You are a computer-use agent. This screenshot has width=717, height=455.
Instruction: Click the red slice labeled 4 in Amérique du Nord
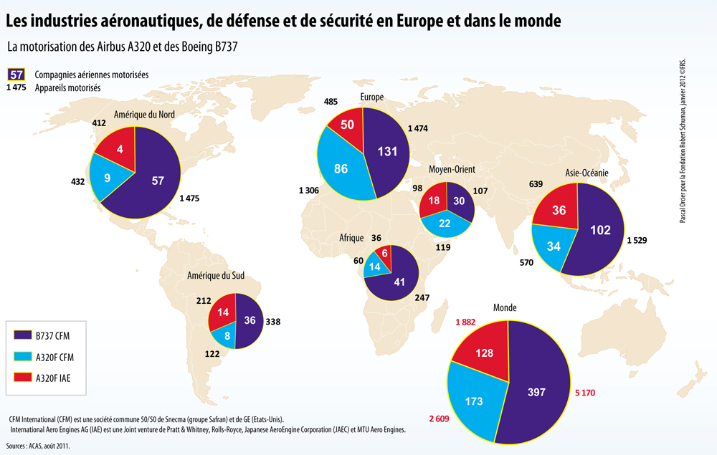pyautogui.click(x=118, y=146)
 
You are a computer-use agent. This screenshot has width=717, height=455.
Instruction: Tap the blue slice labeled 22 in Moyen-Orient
pyautogui.click(x=445, y=224)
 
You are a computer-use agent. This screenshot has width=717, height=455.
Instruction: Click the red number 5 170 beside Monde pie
pyautogui.click(x=585, y=393)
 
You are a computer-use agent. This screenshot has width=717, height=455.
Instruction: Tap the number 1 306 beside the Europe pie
pyautogui.click(x=308, y=190)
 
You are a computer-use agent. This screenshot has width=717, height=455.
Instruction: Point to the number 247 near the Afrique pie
pyautogui.click(x=422, y=298)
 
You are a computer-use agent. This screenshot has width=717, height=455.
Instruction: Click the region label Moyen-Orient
pyautogui.click(x=452, y=170)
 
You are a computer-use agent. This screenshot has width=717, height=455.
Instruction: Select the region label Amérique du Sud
pyautogui.click(x=215, y=275)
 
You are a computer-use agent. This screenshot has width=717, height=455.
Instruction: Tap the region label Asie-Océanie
pyautogui.click(x=587, y=173)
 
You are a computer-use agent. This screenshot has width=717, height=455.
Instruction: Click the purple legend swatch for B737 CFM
pyautogui.click(x=22, y=335)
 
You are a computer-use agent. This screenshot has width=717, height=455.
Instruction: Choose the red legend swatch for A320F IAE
pyautogui.click(x=22, y=377)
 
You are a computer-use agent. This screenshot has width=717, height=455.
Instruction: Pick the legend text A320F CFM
pyautogui.click(x=55, y=358)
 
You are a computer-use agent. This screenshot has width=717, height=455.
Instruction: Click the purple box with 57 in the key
pyautogui.click(x=16, y=75)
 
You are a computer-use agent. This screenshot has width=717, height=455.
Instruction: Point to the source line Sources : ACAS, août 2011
pyautogui.click(x=38, y=446)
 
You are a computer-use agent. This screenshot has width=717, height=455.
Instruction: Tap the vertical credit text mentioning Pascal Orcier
pyautogui.click(x=683, y=140)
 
